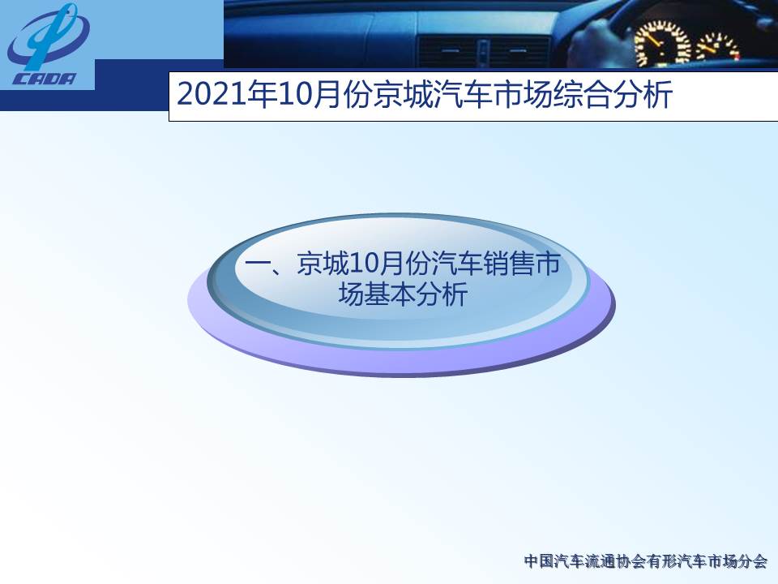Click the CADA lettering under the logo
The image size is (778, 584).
pyautogui.click(x=44, y=79)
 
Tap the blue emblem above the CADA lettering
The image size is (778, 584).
pyautogui.click(x=48, y=36)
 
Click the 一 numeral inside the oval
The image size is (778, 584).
pyautogui.click(x=257, y=264)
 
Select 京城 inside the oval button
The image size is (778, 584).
pyautogui.click(x=323, y=263)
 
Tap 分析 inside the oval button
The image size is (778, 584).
pyautogui.click(x=442, y=294)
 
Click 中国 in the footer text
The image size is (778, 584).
pyautogui.click(x=539, y=561)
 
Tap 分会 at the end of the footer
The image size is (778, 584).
pyautogui.click(x=753, y=561)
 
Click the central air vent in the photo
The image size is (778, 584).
pyautogui.click(x=484, y=51)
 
